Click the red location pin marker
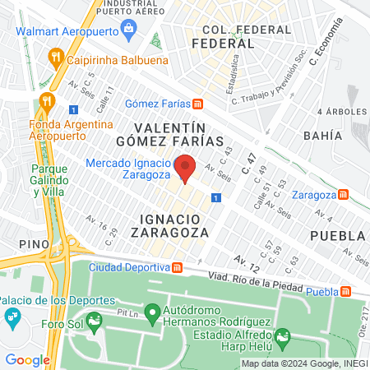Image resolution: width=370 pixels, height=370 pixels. click(x=186, y=168)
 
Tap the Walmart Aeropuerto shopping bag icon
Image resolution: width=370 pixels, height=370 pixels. click(x=127, y=30)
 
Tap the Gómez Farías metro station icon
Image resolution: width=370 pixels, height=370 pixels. click(x=198, y=104)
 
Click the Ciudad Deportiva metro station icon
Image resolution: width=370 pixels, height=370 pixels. click(x=177, y=267)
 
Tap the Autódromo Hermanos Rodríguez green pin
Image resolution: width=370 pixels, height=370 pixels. click(x=152, y=312)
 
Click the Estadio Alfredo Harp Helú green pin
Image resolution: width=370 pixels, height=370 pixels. click(x=283, y=335)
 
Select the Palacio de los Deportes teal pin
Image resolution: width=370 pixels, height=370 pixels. click(x=12, y=317)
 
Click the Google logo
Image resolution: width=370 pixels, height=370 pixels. click(x=27, y=359)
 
